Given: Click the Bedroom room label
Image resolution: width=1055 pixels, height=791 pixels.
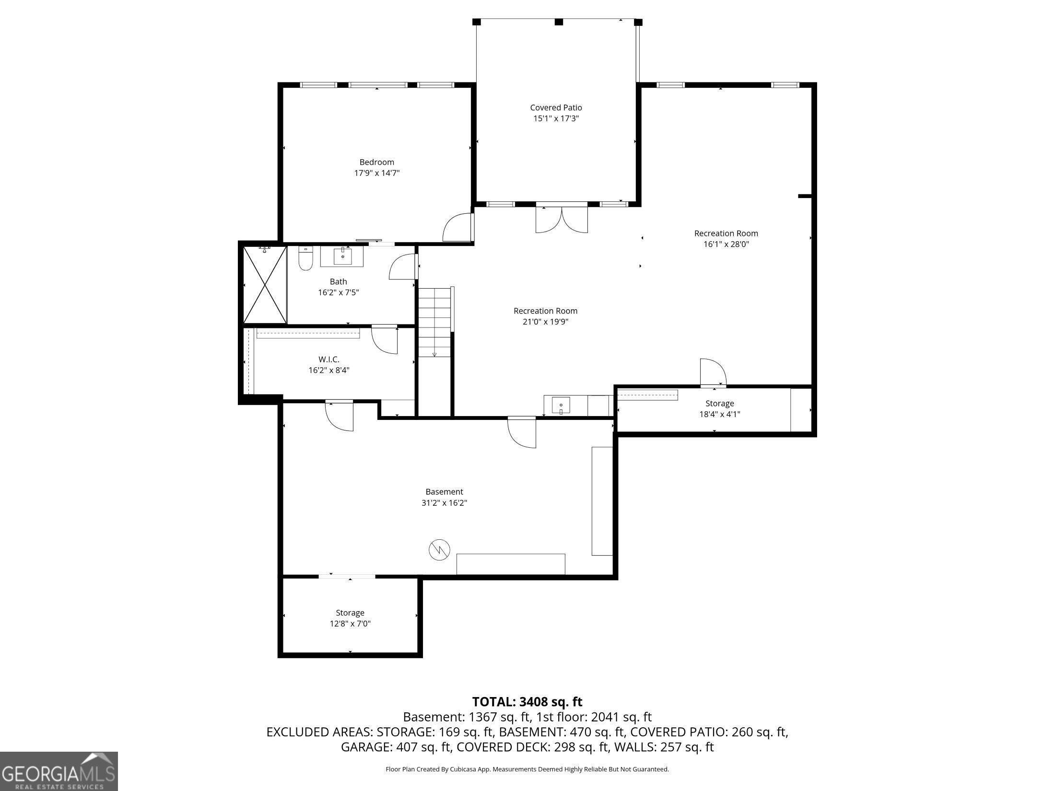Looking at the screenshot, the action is click(377, 162).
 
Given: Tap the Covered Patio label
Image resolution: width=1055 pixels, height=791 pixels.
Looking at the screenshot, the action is click(556, 108).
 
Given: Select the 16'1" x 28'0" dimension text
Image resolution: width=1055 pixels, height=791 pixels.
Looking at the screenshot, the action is click(726, 244).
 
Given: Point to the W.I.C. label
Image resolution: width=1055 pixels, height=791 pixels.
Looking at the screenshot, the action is click(329, 359).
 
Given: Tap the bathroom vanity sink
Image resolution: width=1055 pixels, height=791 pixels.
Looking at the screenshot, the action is click(342, 256).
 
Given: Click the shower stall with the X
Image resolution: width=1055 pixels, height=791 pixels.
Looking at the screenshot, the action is click(265, 285).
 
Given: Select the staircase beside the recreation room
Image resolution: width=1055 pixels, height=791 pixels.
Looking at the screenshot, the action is click(435, 322).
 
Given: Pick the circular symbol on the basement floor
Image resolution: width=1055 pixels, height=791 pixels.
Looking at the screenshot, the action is click(439, 549).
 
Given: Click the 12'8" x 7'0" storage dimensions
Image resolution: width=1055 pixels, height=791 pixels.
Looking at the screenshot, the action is click(350, 624).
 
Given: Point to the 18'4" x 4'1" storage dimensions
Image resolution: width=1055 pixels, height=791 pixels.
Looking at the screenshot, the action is click(720, 414).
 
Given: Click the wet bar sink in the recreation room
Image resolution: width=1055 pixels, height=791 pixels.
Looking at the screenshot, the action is click(561, 406).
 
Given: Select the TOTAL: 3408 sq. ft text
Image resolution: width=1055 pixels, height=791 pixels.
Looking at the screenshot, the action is click(527, 702).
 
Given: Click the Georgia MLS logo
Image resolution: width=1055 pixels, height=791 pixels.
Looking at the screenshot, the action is click(59, 771).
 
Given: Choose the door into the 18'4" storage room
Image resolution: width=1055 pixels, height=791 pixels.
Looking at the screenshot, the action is click(713, 372).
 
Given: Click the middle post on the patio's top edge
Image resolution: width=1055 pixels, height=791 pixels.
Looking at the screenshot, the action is click(559, 22).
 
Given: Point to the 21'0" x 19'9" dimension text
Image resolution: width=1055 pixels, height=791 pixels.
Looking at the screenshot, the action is click(546, 322).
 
